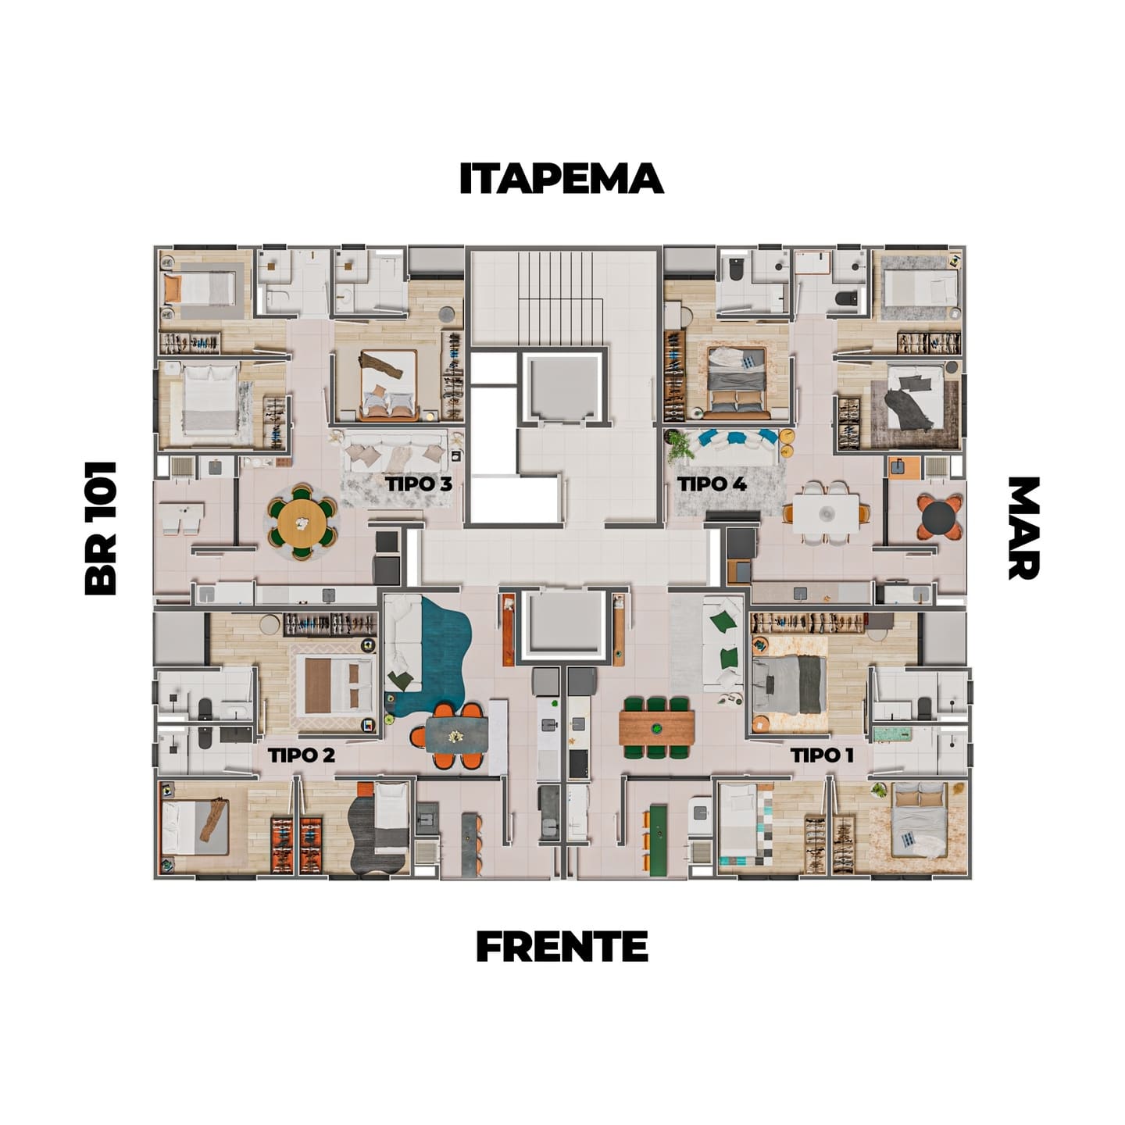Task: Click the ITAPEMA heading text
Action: (561, 178)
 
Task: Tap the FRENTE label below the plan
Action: (562, 946)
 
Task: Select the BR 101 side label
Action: (101, 528)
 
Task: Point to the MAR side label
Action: (1023, 528)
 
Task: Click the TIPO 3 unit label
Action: (419, 484)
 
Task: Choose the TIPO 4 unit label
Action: (712, 484)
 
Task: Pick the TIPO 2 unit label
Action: (302, 755)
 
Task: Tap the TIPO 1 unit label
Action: (822, 755)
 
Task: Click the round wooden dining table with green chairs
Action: (302, 522)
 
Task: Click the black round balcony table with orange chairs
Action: (939, 517)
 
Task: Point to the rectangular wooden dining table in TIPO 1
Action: (657, 727)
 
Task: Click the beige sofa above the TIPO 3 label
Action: (395, 452)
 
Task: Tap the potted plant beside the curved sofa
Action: (678, 445)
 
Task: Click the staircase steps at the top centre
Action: (562, 298)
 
